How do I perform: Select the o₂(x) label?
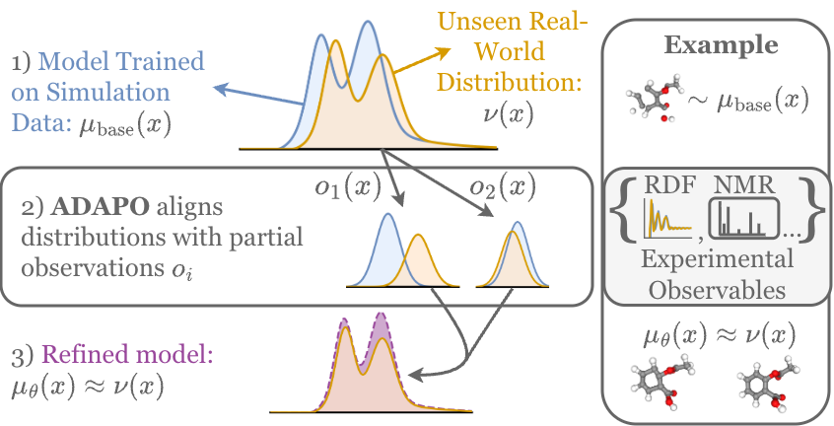point(501,186)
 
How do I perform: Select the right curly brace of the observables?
point(812,210)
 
